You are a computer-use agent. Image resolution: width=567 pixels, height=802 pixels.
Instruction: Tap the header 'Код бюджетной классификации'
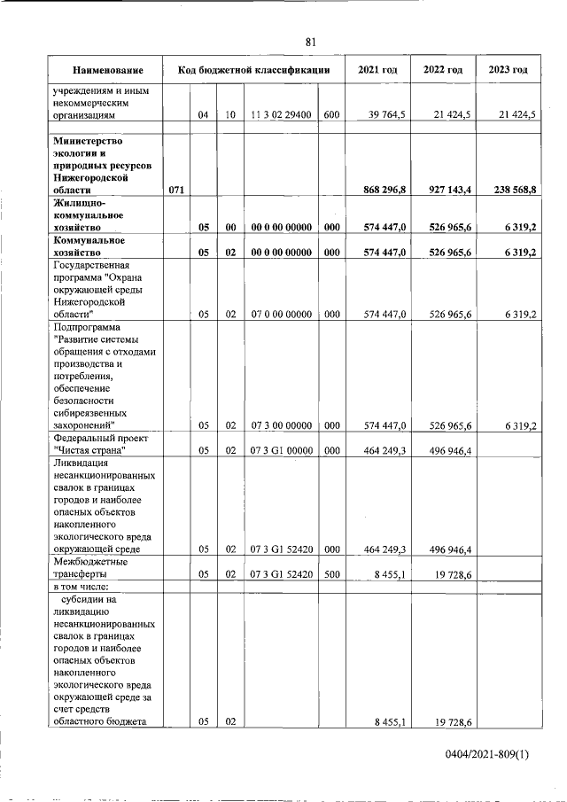[253, 70]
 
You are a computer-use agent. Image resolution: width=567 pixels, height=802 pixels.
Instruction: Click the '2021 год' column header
[377, 70]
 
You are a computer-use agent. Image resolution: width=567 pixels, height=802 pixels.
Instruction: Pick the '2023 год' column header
[508, 70]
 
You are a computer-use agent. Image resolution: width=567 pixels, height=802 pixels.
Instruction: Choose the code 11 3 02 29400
[281, 115]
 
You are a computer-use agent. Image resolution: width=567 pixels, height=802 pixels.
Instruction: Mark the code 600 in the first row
[331, 115]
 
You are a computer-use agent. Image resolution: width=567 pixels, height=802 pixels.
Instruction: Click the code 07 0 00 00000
[281, 314]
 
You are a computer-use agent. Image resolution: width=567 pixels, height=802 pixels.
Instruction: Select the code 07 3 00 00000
[281, 425]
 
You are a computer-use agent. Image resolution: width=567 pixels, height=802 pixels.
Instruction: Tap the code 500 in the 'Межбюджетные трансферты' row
[331, 574]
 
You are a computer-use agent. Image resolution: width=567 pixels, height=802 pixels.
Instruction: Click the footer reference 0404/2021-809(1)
[486, 754]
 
